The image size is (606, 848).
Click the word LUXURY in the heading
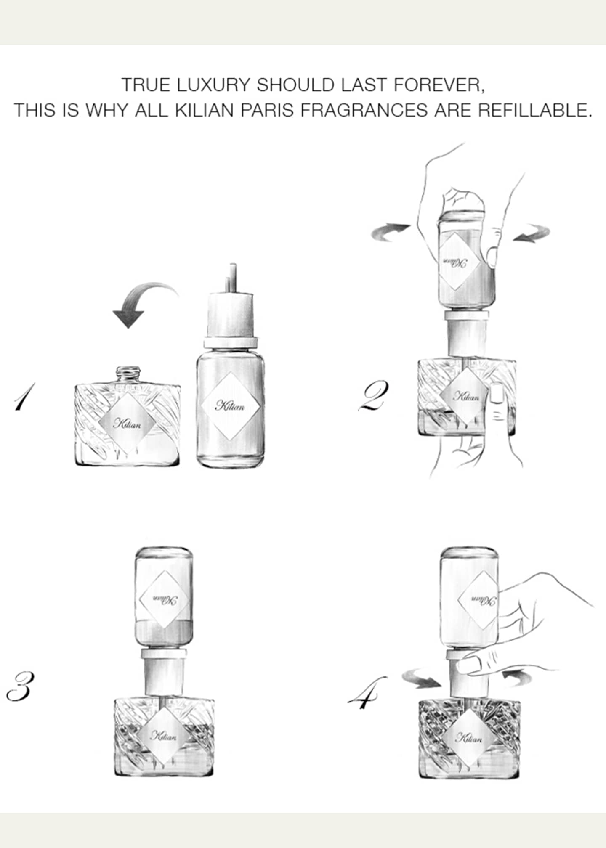(x=213, y=85)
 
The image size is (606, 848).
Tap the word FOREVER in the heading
(x=439, y=85)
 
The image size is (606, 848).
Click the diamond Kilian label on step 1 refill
(x=229, y=405)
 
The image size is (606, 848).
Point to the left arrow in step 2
(x=390, y=233)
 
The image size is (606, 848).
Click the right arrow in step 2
(x=531, y=233)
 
